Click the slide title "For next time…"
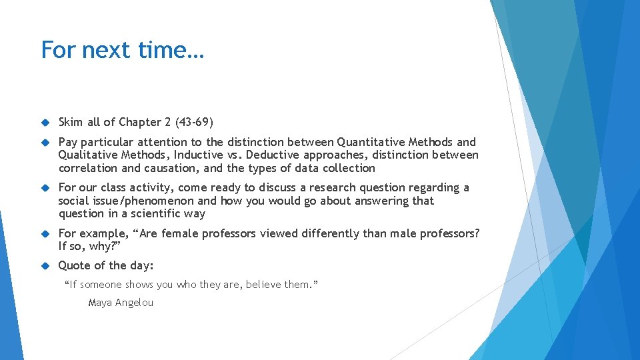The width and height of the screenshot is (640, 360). point(123,50)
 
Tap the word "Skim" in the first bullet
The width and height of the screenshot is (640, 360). point(71,122)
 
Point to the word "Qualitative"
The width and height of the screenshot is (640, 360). point(85,155)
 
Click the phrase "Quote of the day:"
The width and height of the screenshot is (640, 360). point(106,265)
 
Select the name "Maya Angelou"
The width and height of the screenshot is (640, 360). point(121,303)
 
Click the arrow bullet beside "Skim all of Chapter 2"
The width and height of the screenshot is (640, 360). point(46,123)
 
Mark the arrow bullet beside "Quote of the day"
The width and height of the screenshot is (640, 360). point(46,266)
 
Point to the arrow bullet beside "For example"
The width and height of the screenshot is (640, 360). point(46,234)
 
